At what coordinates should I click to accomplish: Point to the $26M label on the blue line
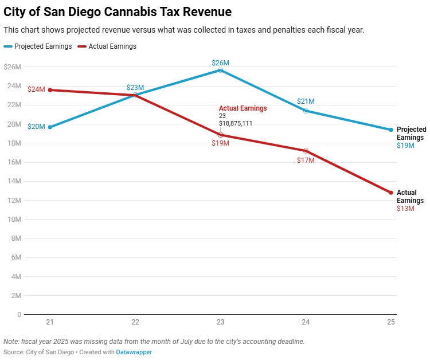(220, 62)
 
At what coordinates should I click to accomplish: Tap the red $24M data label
(36, 89)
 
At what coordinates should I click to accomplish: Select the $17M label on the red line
(306, 161)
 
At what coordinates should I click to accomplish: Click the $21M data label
(306, 101)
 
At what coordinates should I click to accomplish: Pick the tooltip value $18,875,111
(236, 123)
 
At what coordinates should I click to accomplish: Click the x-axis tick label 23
(221, 323)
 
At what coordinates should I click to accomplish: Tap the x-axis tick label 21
(50, 323)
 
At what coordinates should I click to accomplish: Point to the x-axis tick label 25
(391, 323)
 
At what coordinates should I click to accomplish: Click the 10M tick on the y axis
(13, 220)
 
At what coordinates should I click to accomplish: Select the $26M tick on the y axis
(12, 67)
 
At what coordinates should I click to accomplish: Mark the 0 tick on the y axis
(19, 315)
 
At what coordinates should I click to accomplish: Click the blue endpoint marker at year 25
(391, 130)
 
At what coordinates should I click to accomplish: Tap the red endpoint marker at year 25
(391, 193)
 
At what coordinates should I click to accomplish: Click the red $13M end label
(405, 209)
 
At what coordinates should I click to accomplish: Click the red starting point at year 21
(50, 90)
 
